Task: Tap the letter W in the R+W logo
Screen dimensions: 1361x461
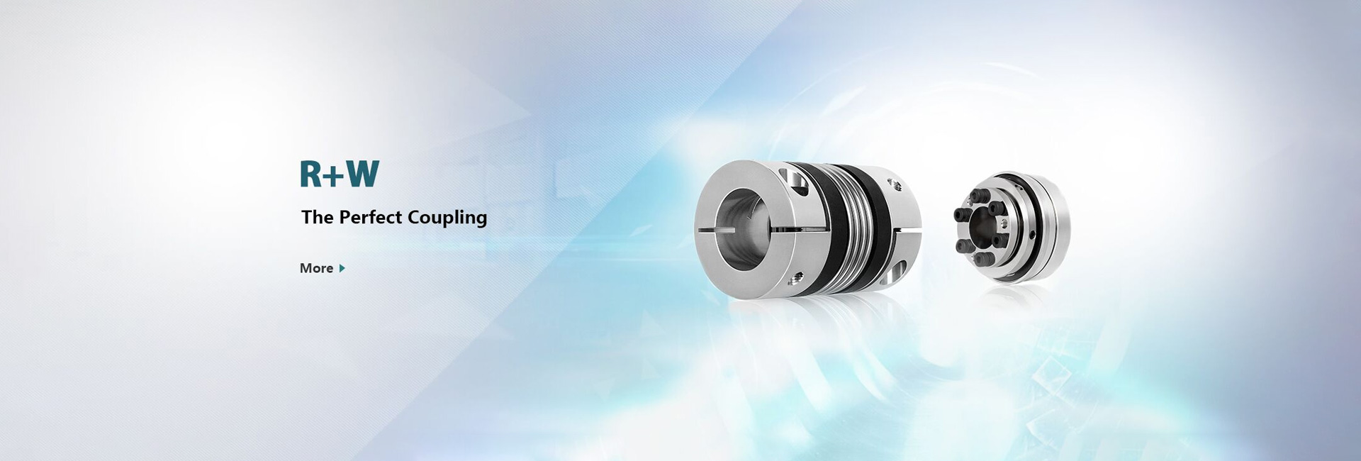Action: click(x=363, y=174)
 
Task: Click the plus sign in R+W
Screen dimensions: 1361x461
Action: click(x=335, y=176)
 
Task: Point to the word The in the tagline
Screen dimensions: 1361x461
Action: click(x=318, y=217)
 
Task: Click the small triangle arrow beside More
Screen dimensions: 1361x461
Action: click(x=342, y=268)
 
